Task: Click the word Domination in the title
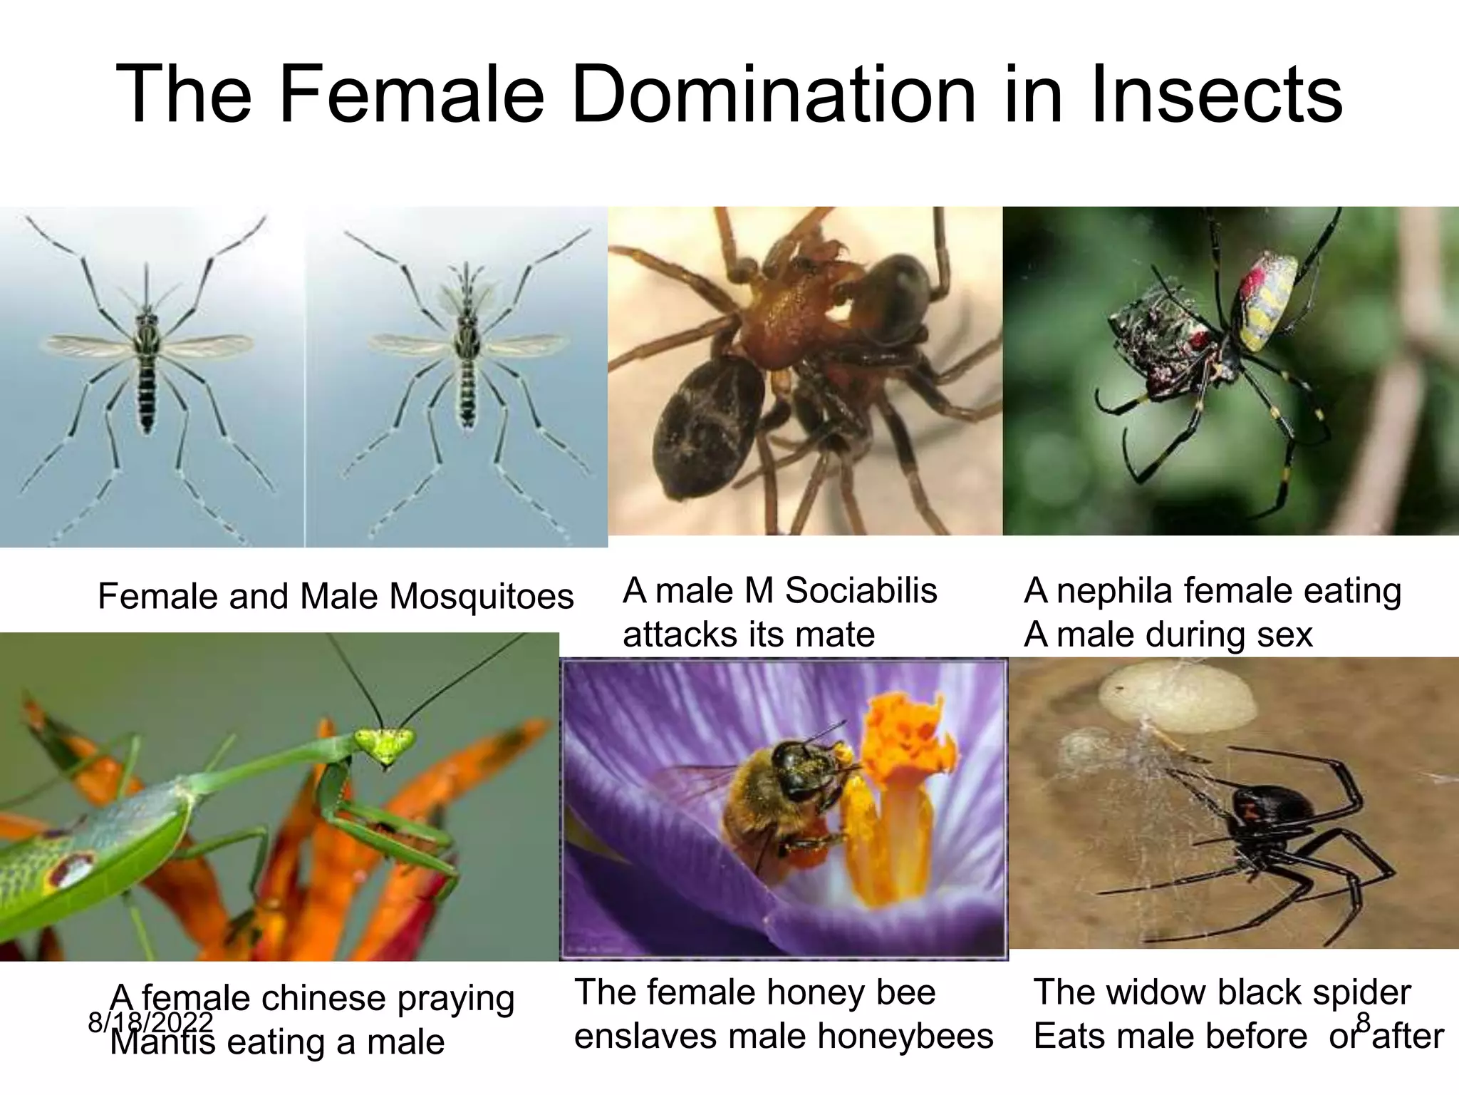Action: [774, 95]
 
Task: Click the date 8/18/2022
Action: [150, 1022]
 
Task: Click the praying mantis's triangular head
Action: [385, 744]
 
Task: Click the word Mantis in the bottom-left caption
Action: [162, 1042]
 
